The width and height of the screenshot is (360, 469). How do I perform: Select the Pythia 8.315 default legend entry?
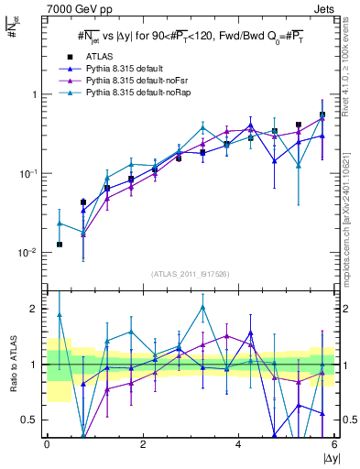click(x=119, y=68)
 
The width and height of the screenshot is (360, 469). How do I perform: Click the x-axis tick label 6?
click(x=334, y=445)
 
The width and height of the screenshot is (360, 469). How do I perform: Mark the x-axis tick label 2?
click(x=143, y=445)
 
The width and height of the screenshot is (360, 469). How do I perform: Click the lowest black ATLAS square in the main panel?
click(x=60, y=245)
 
